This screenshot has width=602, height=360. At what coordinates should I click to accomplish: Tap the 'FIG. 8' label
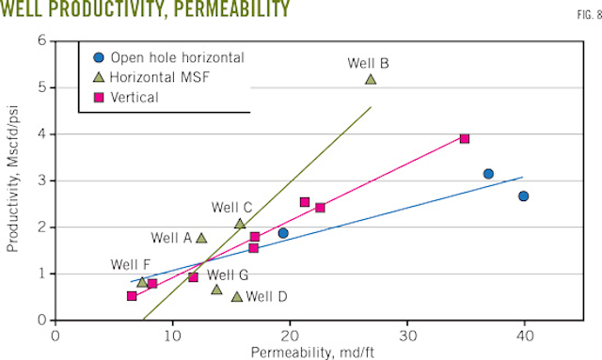click(583, 15)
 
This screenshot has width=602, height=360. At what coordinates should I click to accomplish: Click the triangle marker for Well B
click(371, 79)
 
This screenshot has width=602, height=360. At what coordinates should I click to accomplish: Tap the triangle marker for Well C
click(240, 224)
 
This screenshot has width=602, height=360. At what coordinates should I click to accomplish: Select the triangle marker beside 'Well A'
click(201, 238)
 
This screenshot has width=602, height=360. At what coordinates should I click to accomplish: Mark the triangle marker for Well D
click(236, 297)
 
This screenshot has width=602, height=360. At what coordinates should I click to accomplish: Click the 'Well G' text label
click(228, 275)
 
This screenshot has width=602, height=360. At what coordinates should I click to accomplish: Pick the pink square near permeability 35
click(465, 138)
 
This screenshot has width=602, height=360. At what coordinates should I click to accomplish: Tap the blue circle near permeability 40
click(524, 196)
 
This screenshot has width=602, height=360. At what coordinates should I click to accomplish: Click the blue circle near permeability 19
click(283, 233)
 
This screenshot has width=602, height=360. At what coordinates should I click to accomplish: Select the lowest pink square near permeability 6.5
click(132, 296)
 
